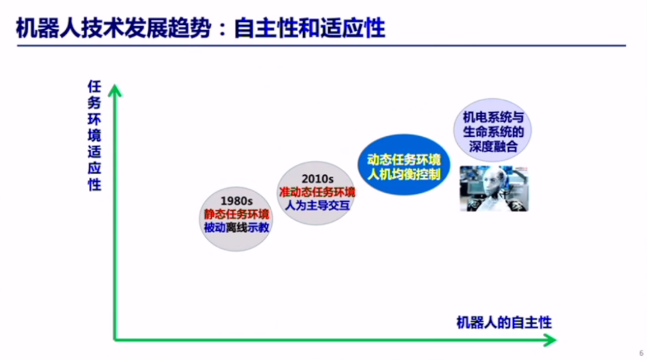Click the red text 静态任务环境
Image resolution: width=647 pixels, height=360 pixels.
coord(236,214)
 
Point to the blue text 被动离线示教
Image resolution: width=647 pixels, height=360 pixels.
coord(236,227)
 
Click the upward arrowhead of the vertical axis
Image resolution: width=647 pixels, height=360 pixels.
coord(115,90)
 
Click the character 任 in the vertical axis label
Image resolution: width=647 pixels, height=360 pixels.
coord(95,87)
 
